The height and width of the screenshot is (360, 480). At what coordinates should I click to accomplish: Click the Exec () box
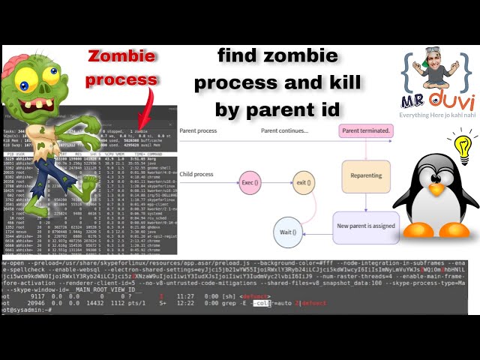tap(250, 181)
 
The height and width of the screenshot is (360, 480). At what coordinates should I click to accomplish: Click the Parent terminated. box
tap(366, 131)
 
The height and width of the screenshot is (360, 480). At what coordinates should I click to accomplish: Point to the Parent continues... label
tap(284, 131)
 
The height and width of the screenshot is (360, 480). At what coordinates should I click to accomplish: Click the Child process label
tap(196, 175)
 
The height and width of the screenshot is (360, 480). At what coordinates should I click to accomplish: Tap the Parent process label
tap(198, 131)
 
